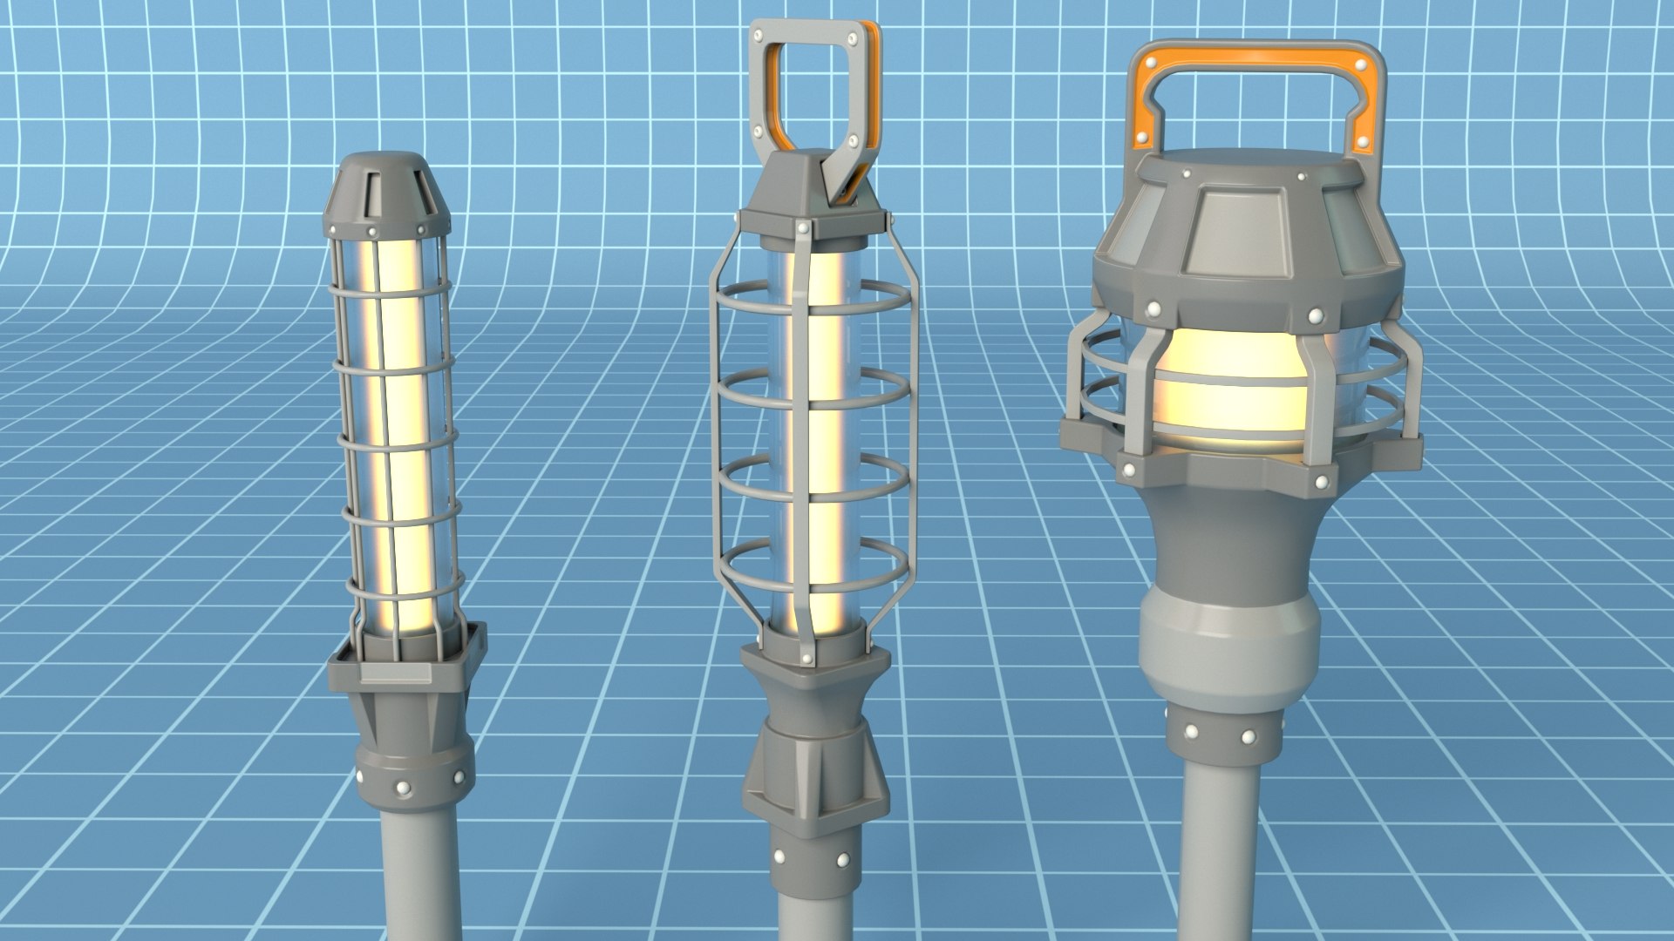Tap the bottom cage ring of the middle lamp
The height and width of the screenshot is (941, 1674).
click(x=811, y=576)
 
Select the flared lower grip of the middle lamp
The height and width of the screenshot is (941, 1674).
click(x=815, y=775)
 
